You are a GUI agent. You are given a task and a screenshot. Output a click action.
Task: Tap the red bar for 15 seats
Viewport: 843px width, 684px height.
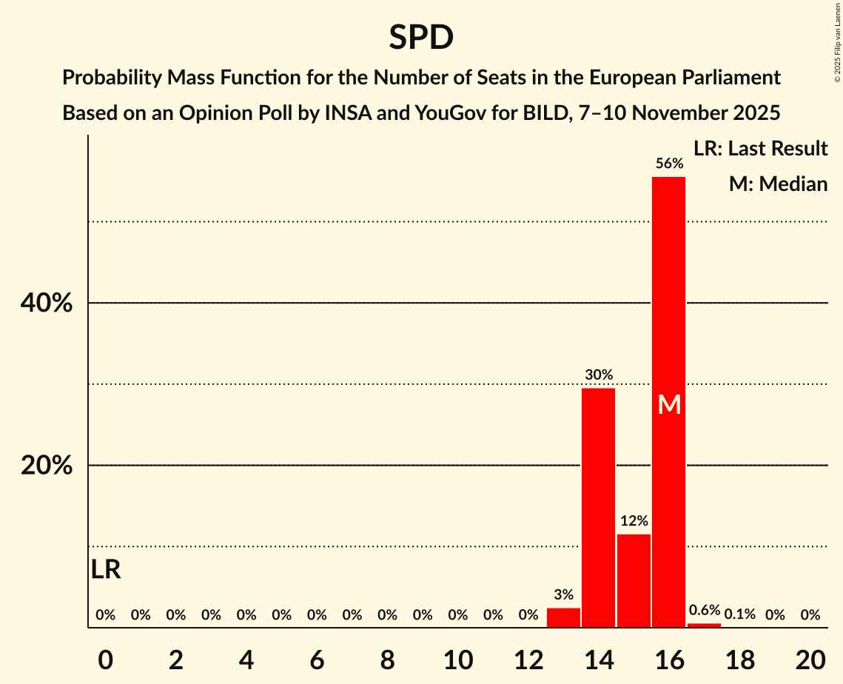coord(634,580)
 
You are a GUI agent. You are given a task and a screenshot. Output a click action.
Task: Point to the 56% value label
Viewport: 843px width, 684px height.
coord(668,164)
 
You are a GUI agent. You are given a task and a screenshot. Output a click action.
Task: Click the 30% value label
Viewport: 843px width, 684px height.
coord(598,375)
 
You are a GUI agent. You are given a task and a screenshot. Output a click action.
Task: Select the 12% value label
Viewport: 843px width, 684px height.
coord(634,521)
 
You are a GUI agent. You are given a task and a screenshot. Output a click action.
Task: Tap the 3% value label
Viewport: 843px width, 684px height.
coord(563,594)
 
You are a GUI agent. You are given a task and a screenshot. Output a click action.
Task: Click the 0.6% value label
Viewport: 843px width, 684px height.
coord(704,611)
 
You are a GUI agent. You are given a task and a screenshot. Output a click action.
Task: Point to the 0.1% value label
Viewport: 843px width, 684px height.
coord(739,614)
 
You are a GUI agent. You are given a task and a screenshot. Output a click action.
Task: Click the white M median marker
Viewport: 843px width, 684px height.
coord(669,404)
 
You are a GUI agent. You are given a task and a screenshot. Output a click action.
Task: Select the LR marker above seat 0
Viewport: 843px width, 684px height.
coord(106,569)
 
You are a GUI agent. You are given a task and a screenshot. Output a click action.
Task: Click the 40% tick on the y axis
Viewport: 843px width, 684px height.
coord(45,304)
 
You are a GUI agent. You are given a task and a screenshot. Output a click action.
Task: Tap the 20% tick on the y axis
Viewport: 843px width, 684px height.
coord(45,466)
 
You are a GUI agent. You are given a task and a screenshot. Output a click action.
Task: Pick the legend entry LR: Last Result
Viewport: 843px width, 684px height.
coord(760,149)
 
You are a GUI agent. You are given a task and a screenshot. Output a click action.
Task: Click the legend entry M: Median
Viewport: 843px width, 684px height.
coord(778,184)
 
